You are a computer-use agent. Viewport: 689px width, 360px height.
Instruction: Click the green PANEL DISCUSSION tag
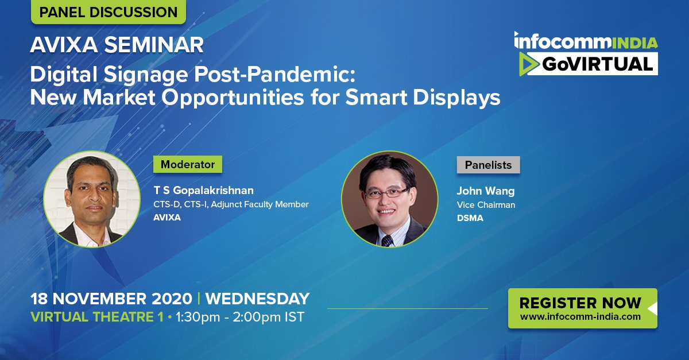109,11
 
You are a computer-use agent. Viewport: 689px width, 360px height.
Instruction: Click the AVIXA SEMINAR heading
117,45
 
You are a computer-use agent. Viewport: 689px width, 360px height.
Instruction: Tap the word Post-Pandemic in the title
275,75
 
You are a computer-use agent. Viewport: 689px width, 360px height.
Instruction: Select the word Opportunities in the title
233,98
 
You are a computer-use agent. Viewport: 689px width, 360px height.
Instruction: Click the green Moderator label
188,164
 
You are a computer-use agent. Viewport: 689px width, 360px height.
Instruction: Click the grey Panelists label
488,165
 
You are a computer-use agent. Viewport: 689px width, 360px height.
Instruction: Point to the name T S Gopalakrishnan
204,190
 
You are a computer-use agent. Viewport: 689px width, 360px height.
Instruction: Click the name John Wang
485,191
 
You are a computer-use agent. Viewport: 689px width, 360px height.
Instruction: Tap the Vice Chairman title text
486,205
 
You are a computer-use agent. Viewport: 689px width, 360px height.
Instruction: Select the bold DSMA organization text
470,218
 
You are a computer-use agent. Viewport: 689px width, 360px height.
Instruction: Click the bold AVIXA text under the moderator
167,218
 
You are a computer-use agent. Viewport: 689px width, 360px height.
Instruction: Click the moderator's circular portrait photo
92,199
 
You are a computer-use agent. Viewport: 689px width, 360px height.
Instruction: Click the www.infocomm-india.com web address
580,316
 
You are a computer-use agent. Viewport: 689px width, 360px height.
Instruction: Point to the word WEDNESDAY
257,299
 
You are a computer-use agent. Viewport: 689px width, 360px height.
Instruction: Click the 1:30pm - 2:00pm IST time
240,317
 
